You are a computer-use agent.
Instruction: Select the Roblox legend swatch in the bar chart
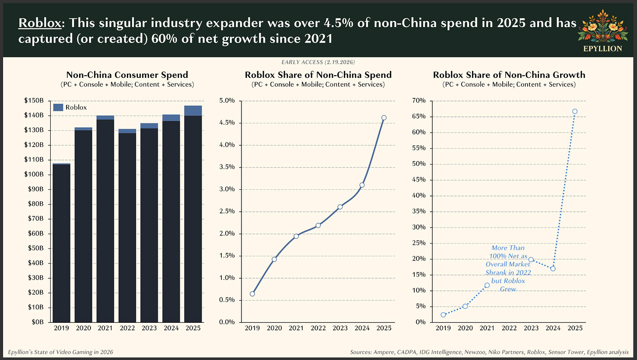58,107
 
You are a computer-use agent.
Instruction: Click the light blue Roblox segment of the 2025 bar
193,111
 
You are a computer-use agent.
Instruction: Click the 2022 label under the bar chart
127,328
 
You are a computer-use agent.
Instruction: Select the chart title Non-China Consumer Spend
127,75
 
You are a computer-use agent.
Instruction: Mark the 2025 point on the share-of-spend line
384,118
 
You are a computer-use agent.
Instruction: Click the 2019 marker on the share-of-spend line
252,294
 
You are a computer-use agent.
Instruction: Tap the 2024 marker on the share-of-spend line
362,185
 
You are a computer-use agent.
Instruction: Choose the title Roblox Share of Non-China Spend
318,75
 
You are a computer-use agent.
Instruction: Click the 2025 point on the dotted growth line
574,111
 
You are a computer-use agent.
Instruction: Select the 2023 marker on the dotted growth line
531,259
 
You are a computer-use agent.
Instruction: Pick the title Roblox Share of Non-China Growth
509,75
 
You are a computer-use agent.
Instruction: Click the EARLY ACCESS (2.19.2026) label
318,62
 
